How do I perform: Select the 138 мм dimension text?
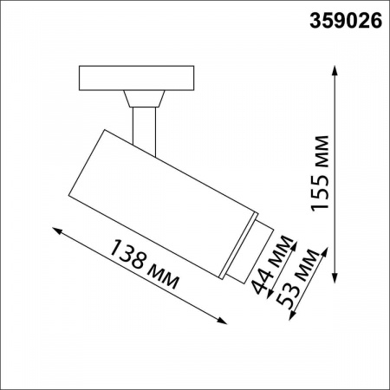click(x=145, y=263)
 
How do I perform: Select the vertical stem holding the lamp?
click(x=144, y=126)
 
